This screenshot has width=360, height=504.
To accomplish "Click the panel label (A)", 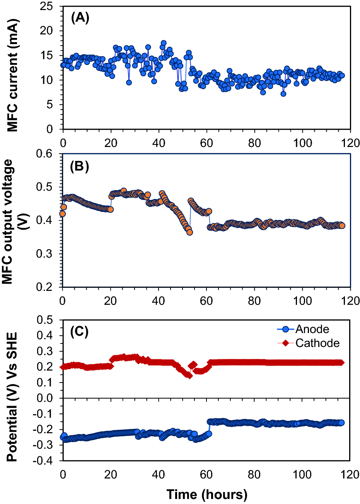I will point(80,18).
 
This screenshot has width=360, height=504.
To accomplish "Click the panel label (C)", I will point(80,331).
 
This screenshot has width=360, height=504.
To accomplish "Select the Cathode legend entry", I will point(317,343).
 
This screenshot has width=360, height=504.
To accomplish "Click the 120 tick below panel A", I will point(350,143).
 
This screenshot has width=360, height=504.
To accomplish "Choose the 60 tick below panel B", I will point(206,301).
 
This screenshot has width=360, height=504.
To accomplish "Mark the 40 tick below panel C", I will point(159,474).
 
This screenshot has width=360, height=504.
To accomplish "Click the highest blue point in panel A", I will point(164,43).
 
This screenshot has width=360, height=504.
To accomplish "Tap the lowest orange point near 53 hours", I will point(189,232).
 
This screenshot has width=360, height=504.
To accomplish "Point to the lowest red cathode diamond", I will point(189,376).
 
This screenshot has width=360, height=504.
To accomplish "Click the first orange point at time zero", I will point(62,214).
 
